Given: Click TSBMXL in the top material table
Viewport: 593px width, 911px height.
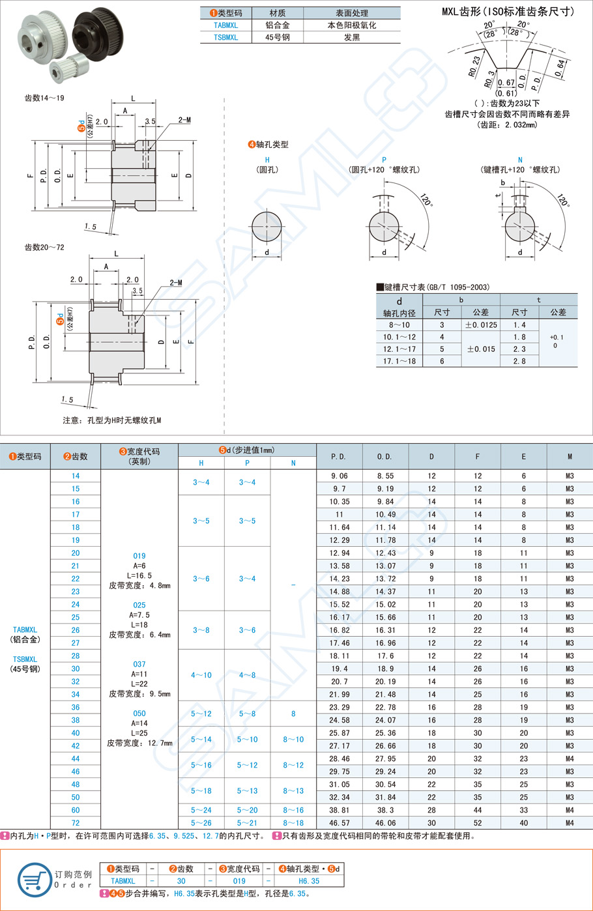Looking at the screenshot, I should (x=226, y=37).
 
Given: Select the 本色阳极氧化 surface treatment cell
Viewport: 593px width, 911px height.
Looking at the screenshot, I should (x=352, y=25).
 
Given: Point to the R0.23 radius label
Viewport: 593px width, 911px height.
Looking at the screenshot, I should (x=474, y=66).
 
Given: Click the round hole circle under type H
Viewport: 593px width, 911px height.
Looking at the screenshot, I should (x=267, y=227).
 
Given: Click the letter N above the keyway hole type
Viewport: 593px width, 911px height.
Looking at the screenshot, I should (x=520, y=160).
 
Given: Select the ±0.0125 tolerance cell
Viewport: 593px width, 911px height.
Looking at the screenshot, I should (x=481, y=325).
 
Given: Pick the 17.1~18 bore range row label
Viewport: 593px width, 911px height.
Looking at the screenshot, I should (x=399, y=360).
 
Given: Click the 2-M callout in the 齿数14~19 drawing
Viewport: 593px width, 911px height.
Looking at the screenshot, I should (x=184, y=120).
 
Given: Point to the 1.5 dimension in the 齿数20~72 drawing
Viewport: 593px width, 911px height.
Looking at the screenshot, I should (x=67, y=399).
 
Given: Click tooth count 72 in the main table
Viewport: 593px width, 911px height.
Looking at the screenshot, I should (x=76, y=822).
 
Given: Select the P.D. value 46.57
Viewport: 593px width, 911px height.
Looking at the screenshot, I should (x=339, y=822).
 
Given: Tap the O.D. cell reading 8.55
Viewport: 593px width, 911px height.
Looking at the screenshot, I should (x=385, y=476).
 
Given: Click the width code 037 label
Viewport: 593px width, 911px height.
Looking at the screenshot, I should (x=139, y=664).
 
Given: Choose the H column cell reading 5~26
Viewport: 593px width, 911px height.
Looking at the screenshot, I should (x=201, y=822).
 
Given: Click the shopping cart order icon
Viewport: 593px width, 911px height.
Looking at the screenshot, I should (x=35, y=879).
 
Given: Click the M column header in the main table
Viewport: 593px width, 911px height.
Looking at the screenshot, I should (x=570, y=456).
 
